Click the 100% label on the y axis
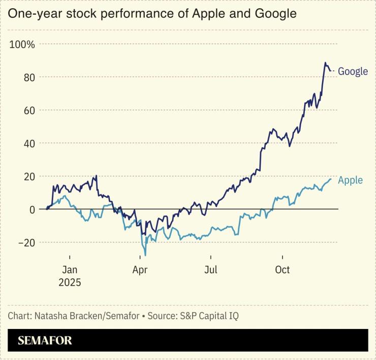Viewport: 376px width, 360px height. click(22, 44)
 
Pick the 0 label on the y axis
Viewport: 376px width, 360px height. click(32, 209)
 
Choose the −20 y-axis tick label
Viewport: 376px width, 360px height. click(26, 243)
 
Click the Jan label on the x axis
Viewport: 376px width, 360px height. click(70, 269)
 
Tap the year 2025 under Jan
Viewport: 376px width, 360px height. click(70, 282)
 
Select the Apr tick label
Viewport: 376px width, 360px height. click(140, 269)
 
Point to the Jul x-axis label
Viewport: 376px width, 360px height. click(211, 269)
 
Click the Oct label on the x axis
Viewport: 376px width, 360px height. click(282, 269)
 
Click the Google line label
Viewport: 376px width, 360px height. click(353, 71)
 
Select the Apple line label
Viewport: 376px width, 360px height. click(350, 180)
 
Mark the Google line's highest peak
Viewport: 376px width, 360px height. click(325, 63)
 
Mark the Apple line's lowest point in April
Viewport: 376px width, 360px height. click(145, 255)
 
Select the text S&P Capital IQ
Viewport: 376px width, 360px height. click(208, 316)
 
